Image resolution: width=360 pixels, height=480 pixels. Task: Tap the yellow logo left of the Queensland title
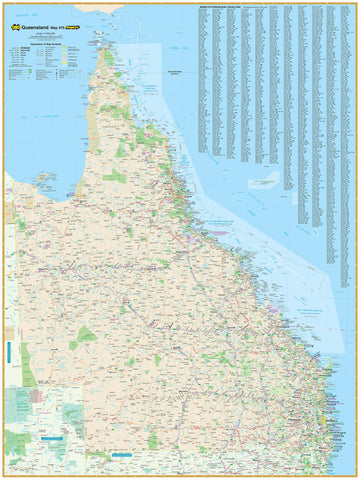click(x=13, y=14)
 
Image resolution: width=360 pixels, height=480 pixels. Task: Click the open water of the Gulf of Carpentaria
click(x=50, y=130)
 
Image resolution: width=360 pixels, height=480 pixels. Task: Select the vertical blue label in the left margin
click(x=6, y=355)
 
